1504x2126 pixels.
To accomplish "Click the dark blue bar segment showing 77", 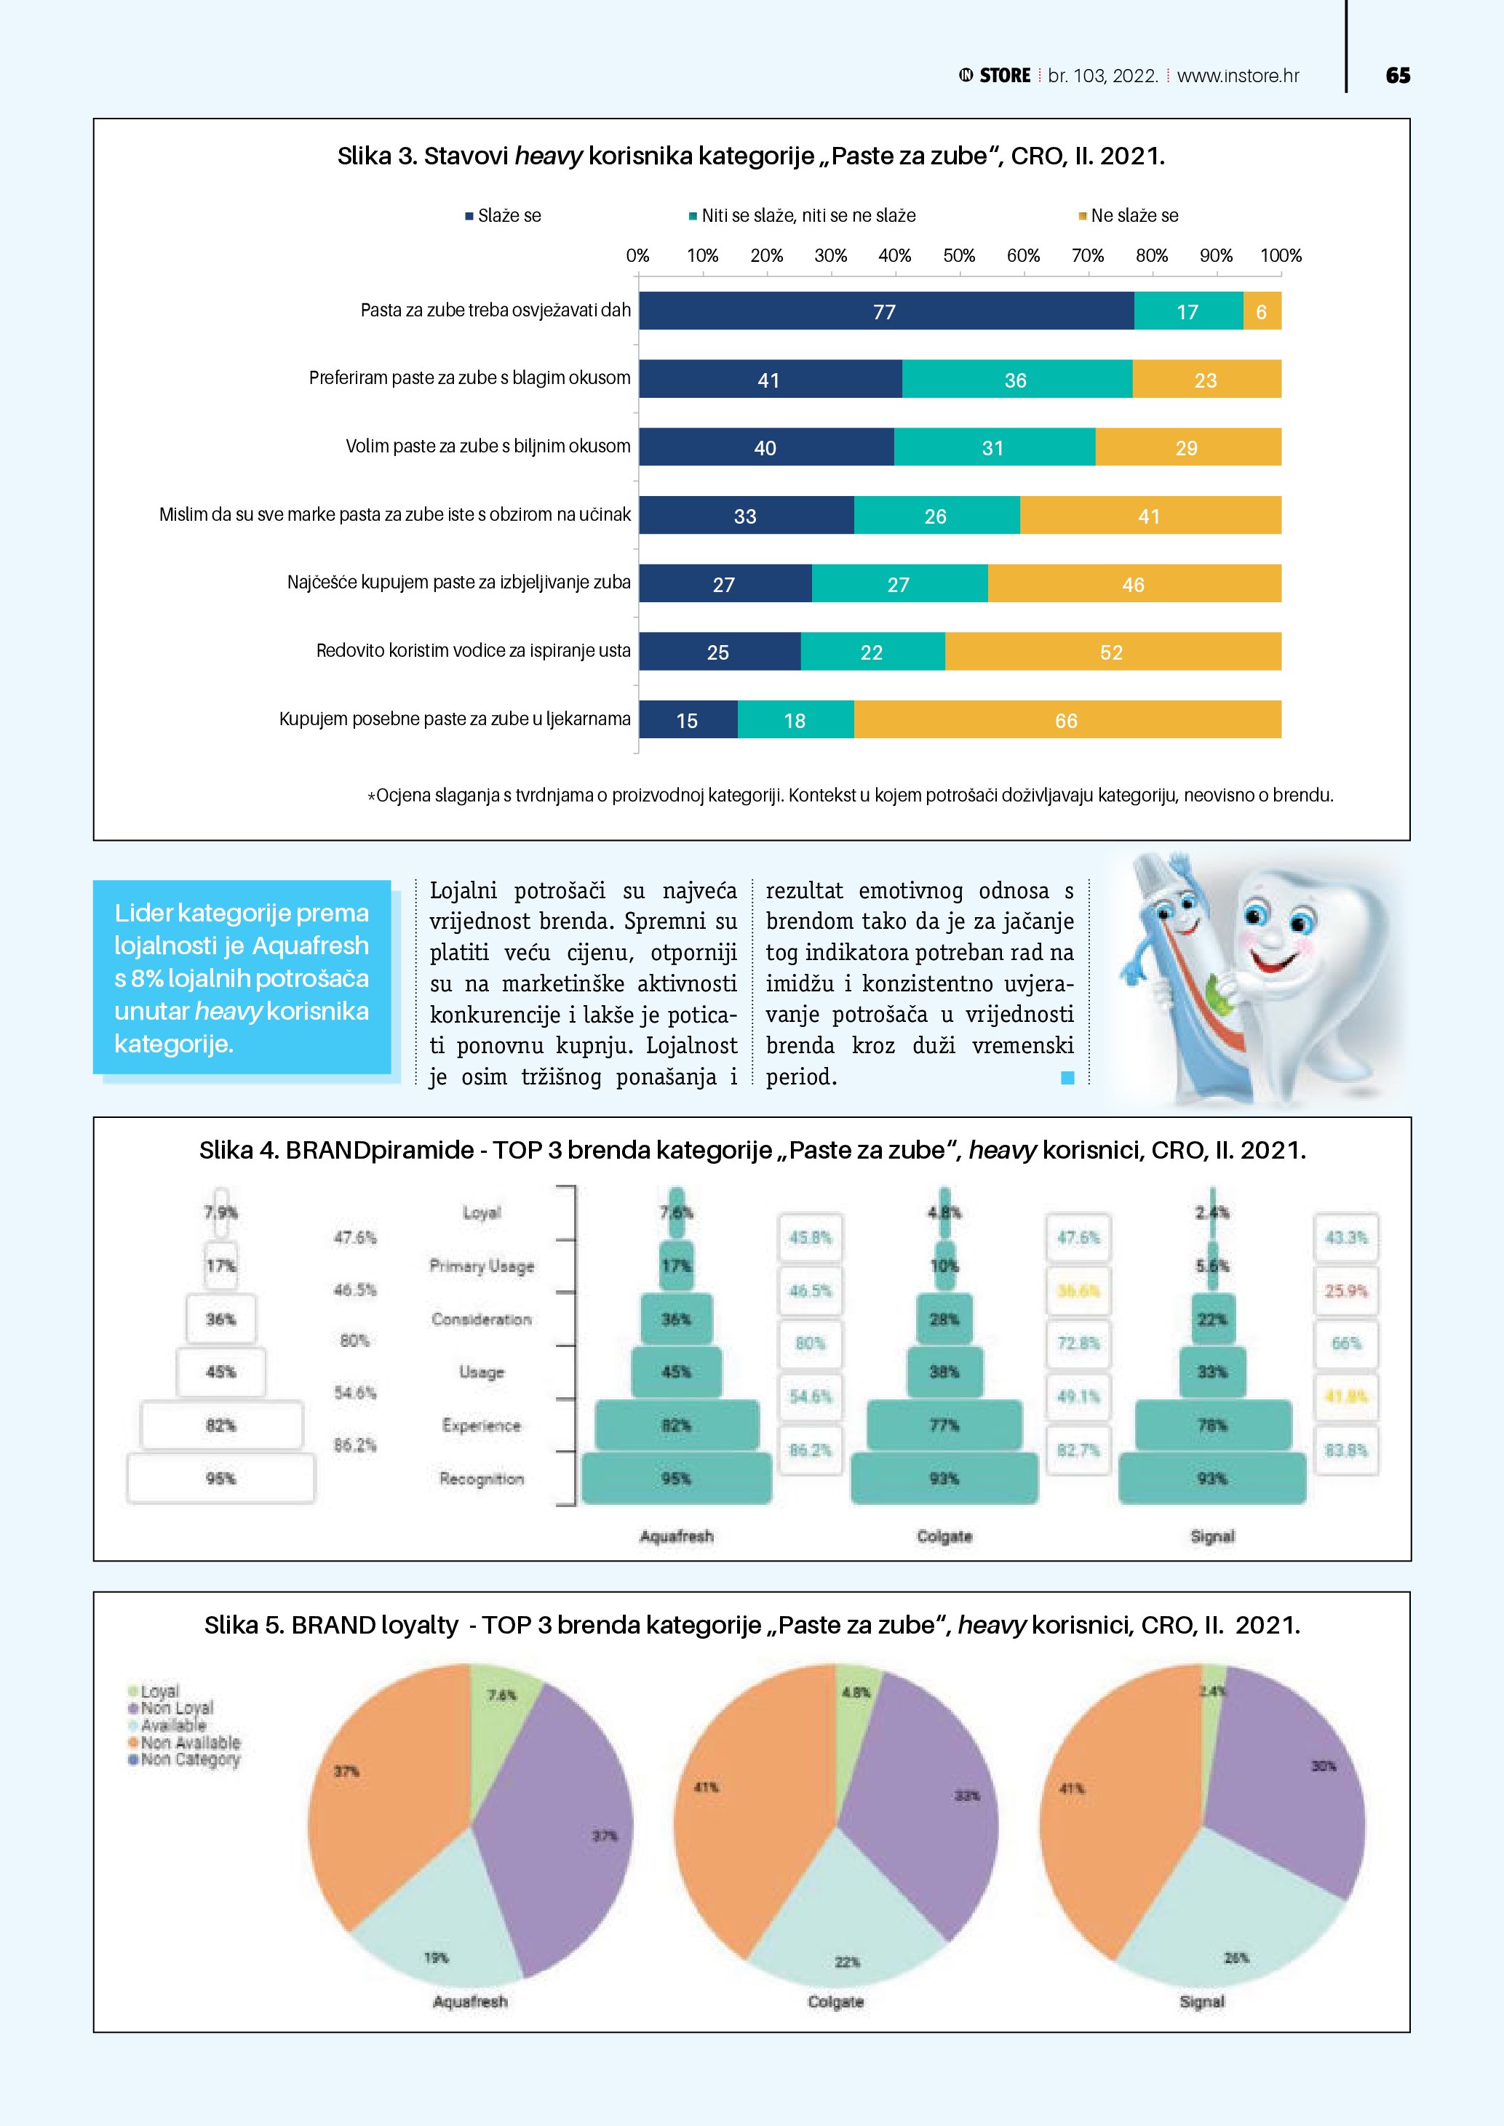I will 886,311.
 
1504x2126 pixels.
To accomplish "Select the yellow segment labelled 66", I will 1067,719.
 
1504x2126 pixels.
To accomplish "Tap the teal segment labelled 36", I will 1016,380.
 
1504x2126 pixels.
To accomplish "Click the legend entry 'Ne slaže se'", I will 1134,216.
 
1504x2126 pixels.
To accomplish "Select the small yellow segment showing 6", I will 1262,311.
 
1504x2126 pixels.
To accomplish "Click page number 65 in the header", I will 1398,76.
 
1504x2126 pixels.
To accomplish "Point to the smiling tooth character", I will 1297,963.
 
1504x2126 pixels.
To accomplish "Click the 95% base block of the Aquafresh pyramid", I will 676,1478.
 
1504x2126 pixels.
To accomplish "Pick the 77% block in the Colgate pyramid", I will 944,1425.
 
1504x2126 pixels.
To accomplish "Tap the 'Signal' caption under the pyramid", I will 1211,1536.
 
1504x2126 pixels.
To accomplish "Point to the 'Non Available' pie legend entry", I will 190,1743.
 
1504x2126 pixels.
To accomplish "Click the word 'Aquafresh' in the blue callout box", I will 310,946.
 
